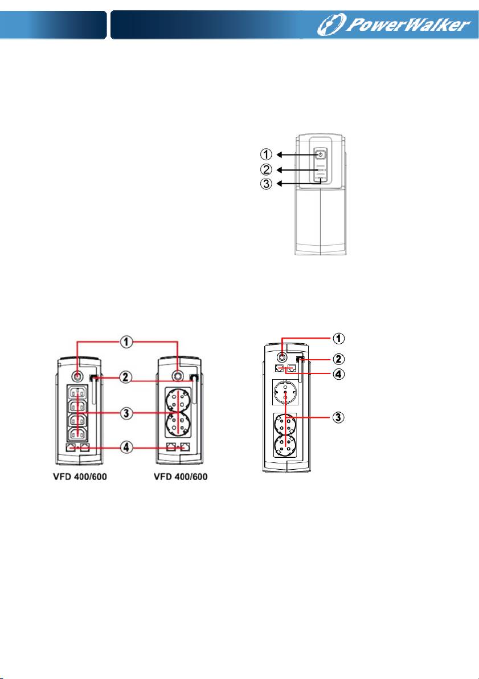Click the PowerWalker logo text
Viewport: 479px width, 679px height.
click(428, 25)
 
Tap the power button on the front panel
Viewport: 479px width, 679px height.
click(320, 155)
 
